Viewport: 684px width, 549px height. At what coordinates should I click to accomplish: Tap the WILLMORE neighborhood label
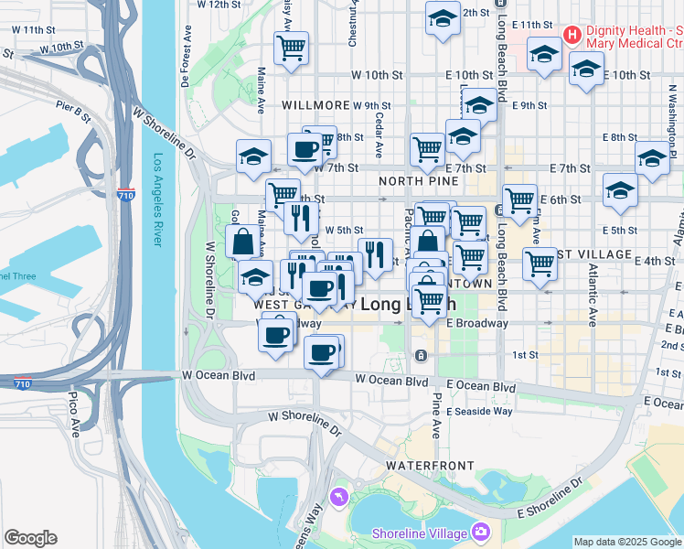point(316,106)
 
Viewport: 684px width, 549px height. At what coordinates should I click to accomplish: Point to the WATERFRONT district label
point(421,466)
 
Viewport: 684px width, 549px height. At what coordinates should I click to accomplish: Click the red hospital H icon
point(572,36)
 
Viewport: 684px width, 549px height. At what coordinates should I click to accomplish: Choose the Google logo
point(30,538)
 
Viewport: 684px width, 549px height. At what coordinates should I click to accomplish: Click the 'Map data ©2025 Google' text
point(626,542)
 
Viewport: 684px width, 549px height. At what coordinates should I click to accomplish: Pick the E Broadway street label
point(476,323)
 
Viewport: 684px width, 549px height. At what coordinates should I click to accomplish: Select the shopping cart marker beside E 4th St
point(540,263)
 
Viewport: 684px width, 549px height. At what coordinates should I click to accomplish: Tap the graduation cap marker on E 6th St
point(620,191)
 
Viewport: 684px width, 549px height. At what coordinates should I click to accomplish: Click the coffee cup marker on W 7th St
point(305,149)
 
